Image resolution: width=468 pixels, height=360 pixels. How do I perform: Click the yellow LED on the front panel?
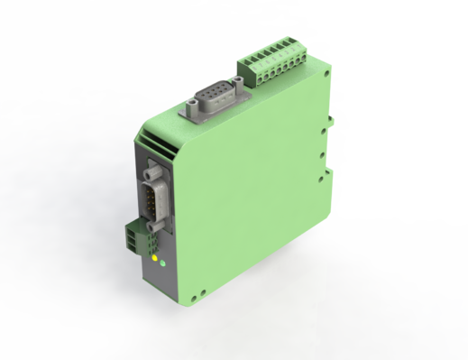click(155, 260)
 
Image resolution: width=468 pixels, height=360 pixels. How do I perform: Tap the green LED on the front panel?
click(162, 264)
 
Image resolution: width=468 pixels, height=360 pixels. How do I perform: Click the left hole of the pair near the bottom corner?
click(199, 293)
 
